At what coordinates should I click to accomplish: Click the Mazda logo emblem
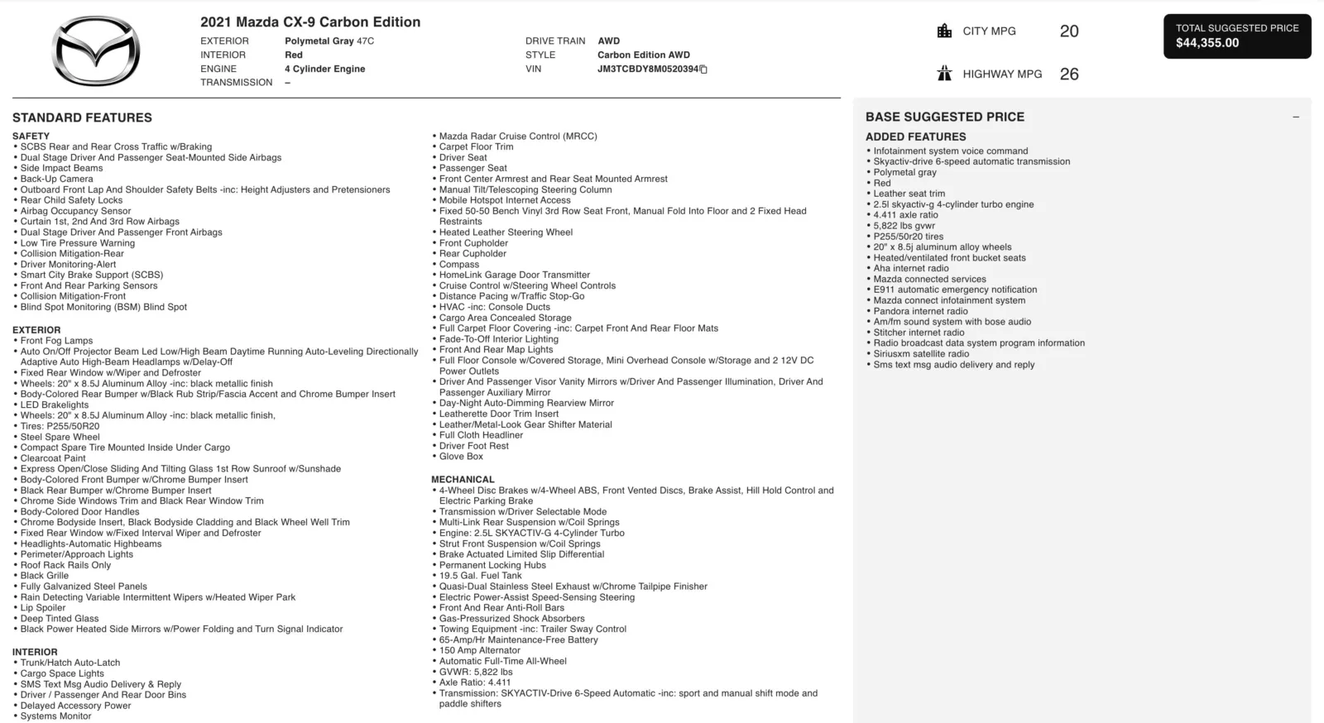pyautogui.click(x=96, y=51)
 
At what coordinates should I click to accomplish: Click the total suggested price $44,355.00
pyautogui.click(x=1207, y=43)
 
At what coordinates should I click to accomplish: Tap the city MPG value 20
pyautogui.click(x=1068, y=31)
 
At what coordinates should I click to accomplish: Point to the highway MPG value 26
pyautogui.click(x=1068, y=74)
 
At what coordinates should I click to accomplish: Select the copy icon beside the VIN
pyautogui.click(x=704, y=69)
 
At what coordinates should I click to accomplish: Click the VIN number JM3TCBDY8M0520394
pyautogui.click(x=648, y=69)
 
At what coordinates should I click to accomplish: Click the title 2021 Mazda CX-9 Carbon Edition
pyautogui.click(x=310, y=22)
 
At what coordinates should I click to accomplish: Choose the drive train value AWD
pyautogui.click(x=608, y=41)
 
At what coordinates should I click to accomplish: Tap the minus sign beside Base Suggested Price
pyautogui.click(x=1296, y=117)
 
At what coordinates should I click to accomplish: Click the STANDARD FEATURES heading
pyautogui.click(x=82, y=118)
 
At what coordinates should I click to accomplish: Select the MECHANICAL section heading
pyautogui.click(x=463, y=480)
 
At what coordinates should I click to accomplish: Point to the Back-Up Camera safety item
pyautogui.click(x=57, y=179)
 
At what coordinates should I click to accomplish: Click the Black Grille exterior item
pyautogui.click(x=45, y=576)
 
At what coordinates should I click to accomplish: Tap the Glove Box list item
pyautogui.click(x=461, y=457)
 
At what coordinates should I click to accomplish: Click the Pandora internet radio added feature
pyautogui.click(x=920, y=312)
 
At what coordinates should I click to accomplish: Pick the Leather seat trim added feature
pyautogui.click(x=909, y=194)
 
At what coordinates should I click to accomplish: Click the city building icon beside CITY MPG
pyautogui.click(x=944, y=31)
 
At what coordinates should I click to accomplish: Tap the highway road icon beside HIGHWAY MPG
pyautogui.click(x=944, y=74)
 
